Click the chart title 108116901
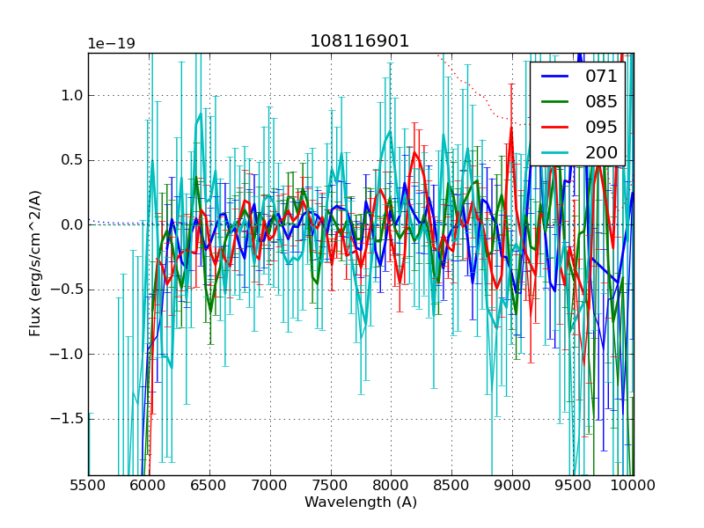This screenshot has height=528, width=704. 360,41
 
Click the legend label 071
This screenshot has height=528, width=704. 602,76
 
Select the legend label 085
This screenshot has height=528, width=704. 602,101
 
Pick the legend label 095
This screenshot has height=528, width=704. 602,127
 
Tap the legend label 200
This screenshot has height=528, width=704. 602,152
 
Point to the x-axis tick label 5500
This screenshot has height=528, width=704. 88,485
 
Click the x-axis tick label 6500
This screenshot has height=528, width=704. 209,485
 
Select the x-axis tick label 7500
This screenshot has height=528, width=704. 331,485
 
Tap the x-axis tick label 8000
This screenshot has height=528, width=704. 392,485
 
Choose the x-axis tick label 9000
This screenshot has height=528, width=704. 513,485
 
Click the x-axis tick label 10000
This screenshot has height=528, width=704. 634,485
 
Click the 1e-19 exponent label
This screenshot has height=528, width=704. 111,44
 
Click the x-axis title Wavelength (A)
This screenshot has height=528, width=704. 361,502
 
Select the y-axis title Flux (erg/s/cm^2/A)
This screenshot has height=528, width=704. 36,262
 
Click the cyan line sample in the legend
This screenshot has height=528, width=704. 555,152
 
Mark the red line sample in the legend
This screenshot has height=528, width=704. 555,127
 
